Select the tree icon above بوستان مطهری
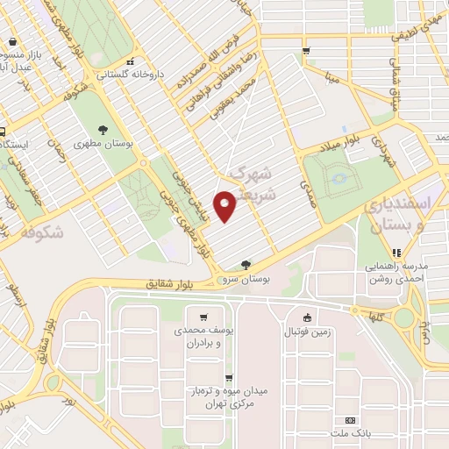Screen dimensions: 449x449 103,129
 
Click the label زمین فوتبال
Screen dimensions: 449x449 305,332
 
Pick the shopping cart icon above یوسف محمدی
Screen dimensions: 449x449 203,317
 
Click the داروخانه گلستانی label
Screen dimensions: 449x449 130,75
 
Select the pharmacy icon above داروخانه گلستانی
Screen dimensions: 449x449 131,62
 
